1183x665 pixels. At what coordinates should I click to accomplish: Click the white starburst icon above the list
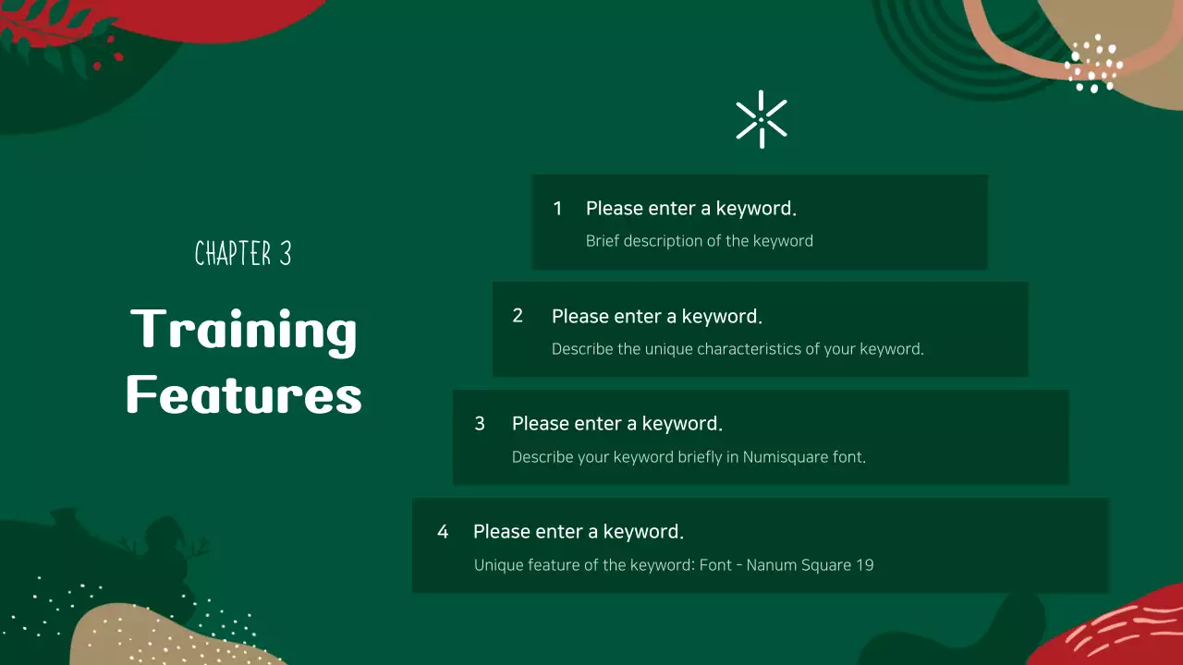pos(761,119)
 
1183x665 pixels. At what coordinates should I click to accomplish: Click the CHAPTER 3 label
pos(243,253)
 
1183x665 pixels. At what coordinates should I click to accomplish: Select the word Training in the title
pos(243,330)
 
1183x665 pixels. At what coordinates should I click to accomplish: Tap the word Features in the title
pos(243,394)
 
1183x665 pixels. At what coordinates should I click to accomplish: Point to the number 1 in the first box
pos(557,209)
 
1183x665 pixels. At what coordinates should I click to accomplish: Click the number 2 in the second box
pos(518,316)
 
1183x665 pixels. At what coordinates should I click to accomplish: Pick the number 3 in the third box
pos(479,424)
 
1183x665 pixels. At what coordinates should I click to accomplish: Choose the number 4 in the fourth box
pos(443,532)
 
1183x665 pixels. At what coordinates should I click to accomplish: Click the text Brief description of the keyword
pos(699,241)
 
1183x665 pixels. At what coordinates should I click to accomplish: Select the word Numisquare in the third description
pos(785,457)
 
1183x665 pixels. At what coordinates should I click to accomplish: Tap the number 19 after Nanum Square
pos(864,565)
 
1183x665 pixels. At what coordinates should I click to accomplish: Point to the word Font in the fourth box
pos(715,565)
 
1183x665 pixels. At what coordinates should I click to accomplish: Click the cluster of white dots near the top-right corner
pos(1093,65)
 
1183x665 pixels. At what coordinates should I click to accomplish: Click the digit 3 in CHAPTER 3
pos(285,253)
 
